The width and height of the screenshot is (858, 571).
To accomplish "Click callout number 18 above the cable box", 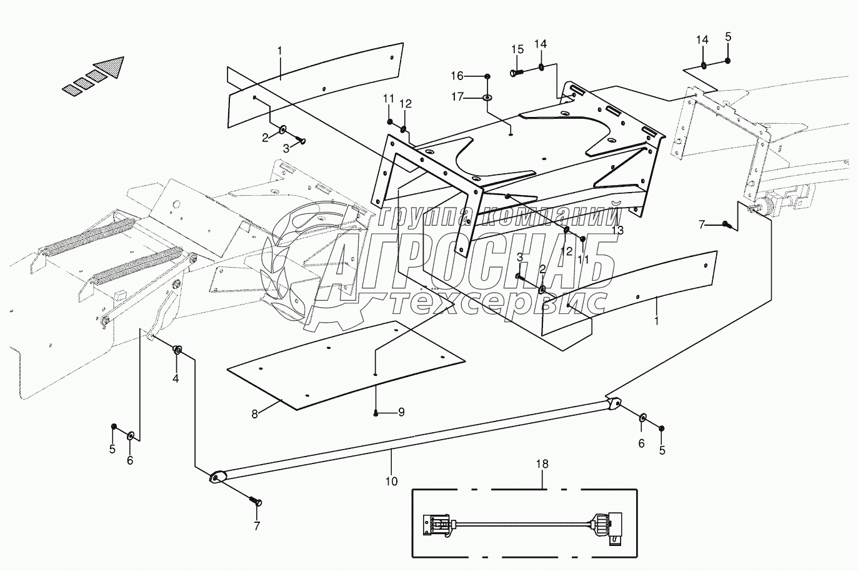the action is [542, 464].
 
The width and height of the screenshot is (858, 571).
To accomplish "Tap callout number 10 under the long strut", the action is [391, 482].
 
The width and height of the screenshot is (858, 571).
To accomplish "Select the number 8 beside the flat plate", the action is [255, 414].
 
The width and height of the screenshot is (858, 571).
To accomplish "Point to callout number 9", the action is [401, 412].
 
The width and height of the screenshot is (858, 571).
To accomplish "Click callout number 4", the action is [176, 378].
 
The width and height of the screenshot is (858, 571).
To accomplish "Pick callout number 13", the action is [617, 230].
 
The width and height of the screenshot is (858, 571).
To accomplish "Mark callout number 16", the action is [457, 76].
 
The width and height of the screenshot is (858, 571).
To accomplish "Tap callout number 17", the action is [457, 97].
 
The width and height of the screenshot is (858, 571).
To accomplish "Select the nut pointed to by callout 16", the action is [487, 76].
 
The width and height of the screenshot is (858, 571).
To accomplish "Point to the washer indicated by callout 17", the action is [487, 98].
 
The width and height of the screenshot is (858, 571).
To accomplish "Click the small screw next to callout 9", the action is [376, 413].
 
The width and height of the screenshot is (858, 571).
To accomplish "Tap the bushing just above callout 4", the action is [177, 350].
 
